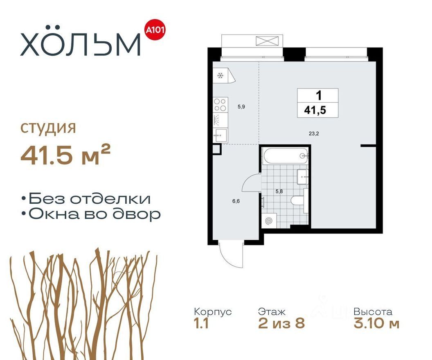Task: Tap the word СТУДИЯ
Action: coord(48,128)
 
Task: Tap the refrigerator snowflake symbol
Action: coord(220,76)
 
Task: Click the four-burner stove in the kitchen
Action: coord(220,105)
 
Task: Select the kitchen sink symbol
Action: coord(221,135)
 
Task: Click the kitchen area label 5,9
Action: coord(241,107)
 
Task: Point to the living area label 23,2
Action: coord(314,134)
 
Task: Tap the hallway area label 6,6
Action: coord(236,201)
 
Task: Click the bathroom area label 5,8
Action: coord(279,191)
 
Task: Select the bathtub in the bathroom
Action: coord(286,156)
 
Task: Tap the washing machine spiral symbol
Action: coord(268,221)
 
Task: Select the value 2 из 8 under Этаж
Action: coord(281,323)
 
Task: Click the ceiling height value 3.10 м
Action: coord(376,323)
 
